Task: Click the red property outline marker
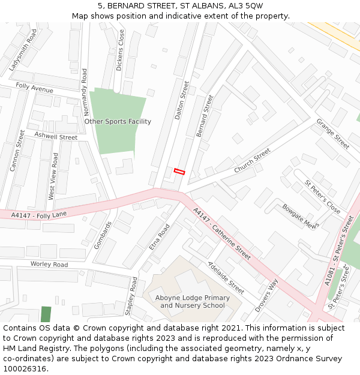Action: pyautogui.click(x=179, y=172)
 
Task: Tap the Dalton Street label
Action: pyautogui.click(x=182, y=101)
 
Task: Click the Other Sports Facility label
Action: pyautogui.click(x=118, y=121)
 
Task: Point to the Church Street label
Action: pyautogui.click(x=252, y=161)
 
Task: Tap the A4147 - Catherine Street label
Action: pyautogui.click(x=222, y=234)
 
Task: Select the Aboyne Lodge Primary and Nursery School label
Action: pyautogui.click(x=192, y=302)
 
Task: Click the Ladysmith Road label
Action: pyautogui.click(x=23, y=50)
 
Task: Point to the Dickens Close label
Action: pyautogui.click(x=120, y=51)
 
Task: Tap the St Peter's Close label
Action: pyautogui.click(x=322, y=197)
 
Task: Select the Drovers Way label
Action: pyautogui.click(x=266, y=295)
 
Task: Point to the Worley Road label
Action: pyautogui.click(x=49, y=264)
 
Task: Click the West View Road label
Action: pyautogui.click(x=53, y=176)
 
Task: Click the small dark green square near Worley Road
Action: pyautogui.click(x=46, y=314)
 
